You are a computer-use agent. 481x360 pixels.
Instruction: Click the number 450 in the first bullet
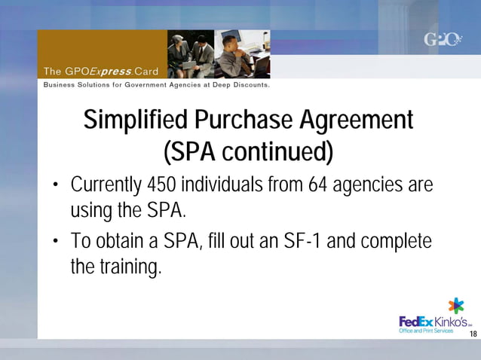click(x=165, y=185)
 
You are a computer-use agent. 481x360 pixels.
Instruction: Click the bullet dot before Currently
click(x=56, y=186)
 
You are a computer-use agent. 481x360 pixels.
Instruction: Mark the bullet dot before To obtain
click(x=56, y=243)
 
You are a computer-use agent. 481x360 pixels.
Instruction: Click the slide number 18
click(x=473, y=334)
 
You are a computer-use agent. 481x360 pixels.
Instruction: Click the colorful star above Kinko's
click(x=456, y=305)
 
